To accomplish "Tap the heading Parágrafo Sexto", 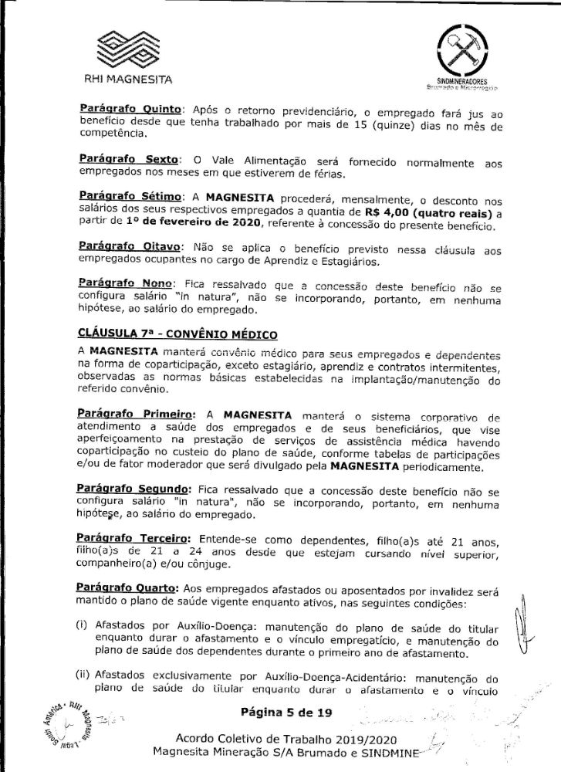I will (124, 158).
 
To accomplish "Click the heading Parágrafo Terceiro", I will (136, 539).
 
